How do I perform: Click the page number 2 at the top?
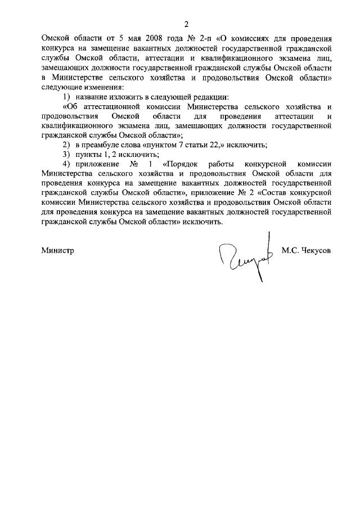point(186,24)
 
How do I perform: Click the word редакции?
point(206,97)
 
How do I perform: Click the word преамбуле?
point(104,145)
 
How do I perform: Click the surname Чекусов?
point(315,249)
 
